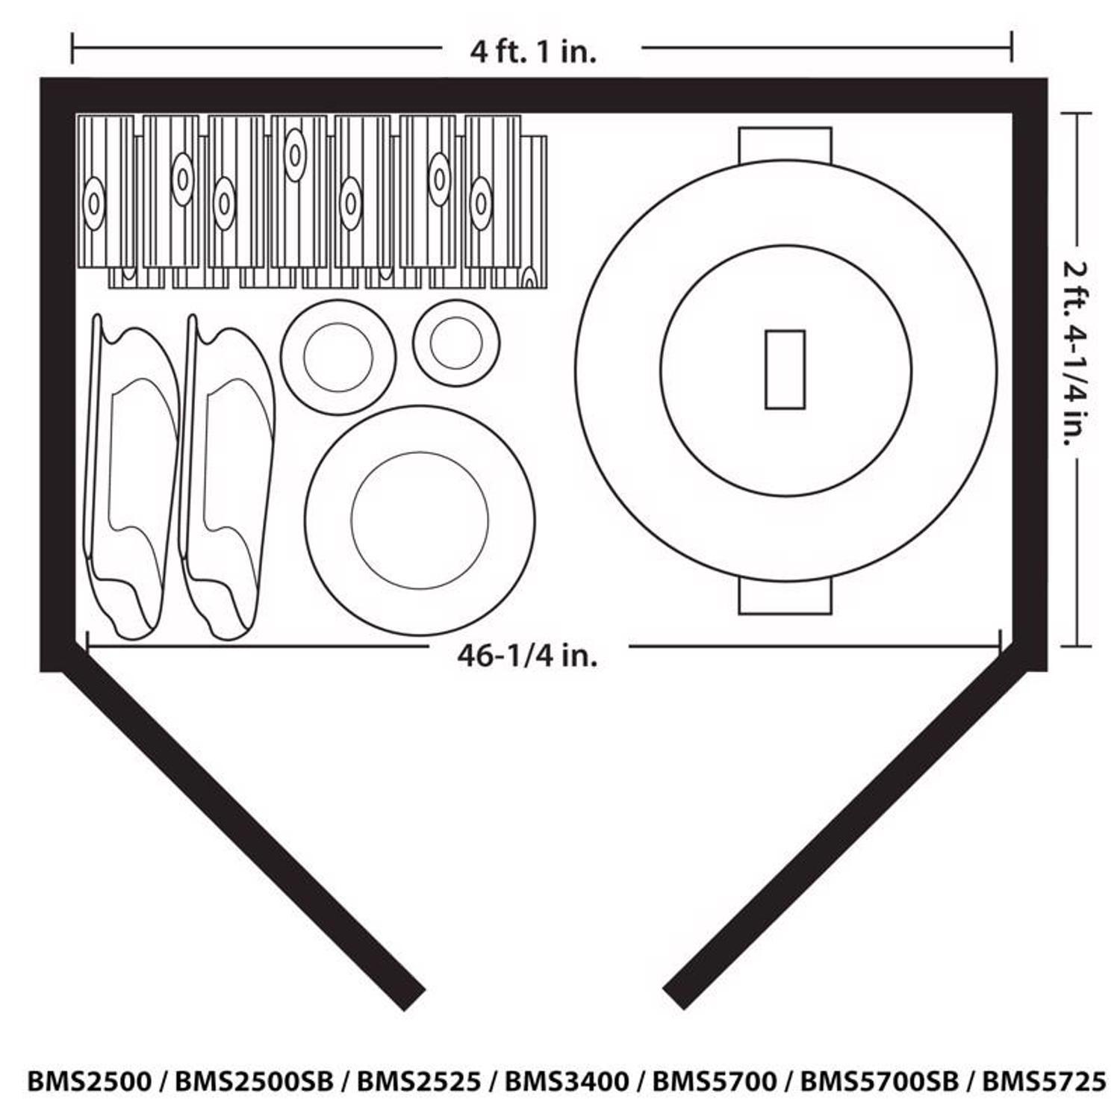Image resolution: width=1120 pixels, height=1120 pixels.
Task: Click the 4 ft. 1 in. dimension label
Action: pos(533,52)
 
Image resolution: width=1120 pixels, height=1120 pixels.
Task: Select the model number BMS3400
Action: pos(567,1080)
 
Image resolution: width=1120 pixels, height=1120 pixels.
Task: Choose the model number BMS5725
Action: pos(1043,1080)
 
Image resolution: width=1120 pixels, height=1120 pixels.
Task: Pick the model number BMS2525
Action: pos(418,1080)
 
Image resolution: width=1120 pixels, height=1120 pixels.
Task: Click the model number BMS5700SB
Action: pos(879,1080)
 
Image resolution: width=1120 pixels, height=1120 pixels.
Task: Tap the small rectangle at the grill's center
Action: pos(785,370)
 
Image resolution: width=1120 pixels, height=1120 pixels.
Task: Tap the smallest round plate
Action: pos(455,343)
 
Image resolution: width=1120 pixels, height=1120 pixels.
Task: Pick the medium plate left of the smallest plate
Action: pos(338,357)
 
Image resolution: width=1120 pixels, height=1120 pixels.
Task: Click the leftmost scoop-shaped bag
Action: pos(131,478)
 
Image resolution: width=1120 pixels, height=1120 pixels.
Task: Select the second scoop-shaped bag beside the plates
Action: pos(225,478)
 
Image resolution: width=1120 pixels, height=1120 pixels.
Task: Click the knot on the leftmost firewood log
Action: pos(94,202)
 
